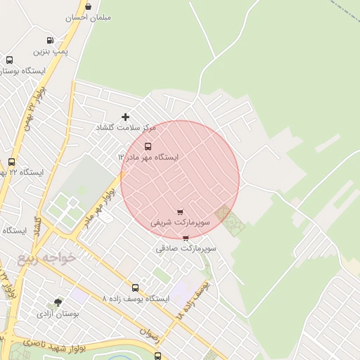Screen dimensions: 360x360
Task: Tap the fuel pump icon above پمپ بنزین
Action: tap(50, 40)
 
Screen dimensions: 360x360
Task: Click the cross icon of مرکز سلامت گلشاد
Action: tap(126, 117)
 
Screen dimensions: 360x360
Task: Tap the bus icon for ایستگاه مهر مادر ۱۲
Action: tap(148, 146)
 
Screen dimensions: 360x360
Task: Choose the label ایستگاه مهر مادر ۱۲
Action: tap(148, 157)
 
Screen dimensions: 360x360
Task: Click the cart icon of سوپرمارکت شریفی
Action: tap(180, 212)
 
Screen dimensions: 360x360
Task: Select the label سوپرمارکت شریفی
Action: tap(181, 222)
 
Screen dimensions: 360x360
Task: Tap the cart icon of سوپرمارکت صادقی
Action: tap(186, 238)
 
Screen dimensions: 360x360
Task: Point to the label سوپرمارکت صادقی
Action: tap(186, 248)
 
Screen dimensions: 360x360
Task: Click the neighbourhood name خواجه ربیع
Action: tap(48, 258)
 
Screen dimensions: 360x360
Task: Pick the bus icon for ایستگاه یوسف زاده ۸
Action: tap(135, 288)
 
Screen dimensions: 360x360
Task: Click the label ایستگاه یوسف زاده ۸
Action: tap(136, 299)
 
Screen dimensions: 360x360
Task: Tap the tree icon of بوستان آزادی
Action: tap(58, 302)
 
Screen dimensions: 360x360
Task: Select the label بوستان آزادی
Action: tap(58, 313)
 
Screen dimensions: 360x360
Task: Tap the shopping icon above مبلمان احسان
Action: tap(86, 6)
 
